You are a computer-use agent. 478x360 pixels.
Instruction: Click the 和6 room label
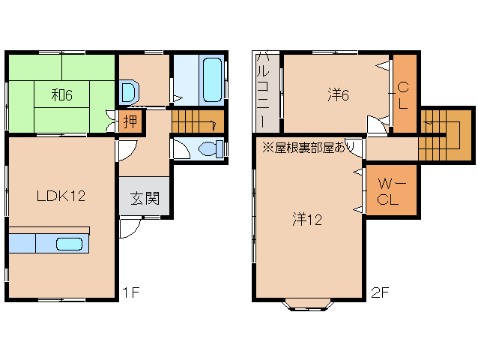61,95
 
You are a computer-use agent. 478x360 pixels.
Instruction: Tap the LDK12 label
61,196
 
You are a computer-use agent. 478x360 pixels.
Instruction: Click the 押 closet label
130,121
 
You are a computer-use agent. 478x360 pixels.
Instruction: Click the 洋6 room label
339,95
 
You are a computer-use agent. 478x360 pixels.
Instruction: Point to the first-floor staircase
197,121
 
